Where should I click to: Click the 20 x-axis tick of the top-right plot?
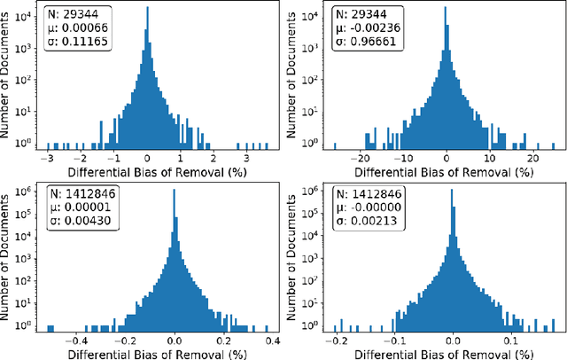click(x=533, y=156)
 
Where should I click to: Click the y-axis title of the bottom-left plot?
click(x=8, y=257)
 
